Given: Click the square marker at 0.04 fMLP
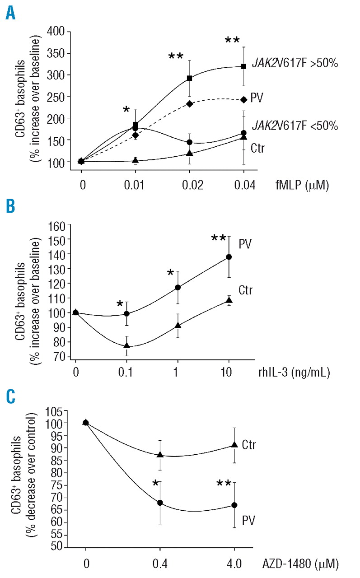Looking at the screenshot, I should pos(244,66).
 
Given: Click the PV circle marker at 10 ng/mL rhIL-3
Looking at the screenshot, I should pos(229,256).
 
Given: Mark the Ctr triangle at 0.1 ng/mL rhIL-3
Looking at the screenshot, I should pos(127,345).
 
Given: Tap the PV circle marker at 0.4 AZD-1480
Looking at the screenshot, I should pos(160,503).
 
